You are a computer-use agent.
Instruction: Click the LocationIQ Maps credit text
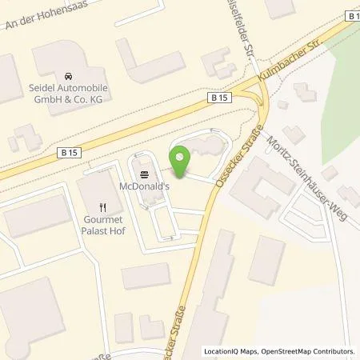227,350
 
